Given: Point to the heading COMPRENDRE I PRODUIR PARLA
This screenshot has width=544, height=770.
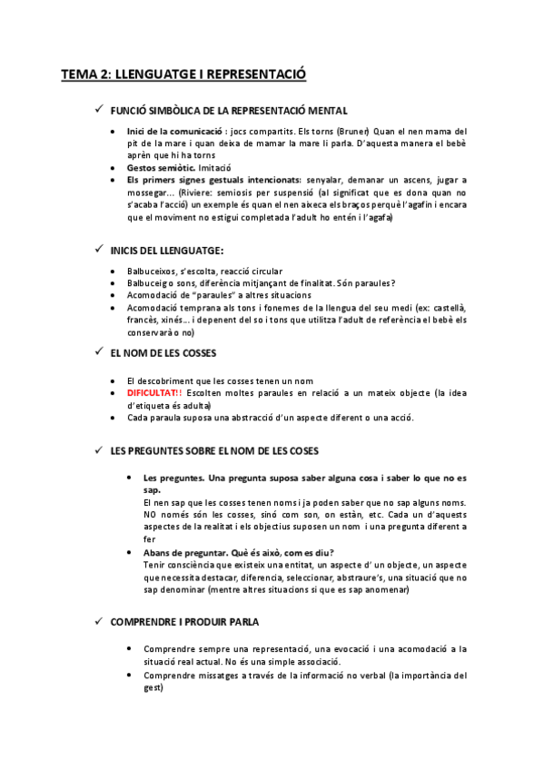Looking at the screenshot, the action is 183,622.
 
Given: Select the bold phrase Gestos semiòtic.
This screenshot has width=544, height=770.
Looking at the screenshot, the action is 161,168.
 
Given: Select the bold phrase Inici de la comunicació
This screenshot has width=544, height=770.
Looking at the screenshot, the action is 173,132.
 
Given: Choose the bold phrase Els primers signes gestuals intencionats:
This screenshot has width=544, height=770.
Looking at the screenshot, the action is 213,181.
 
